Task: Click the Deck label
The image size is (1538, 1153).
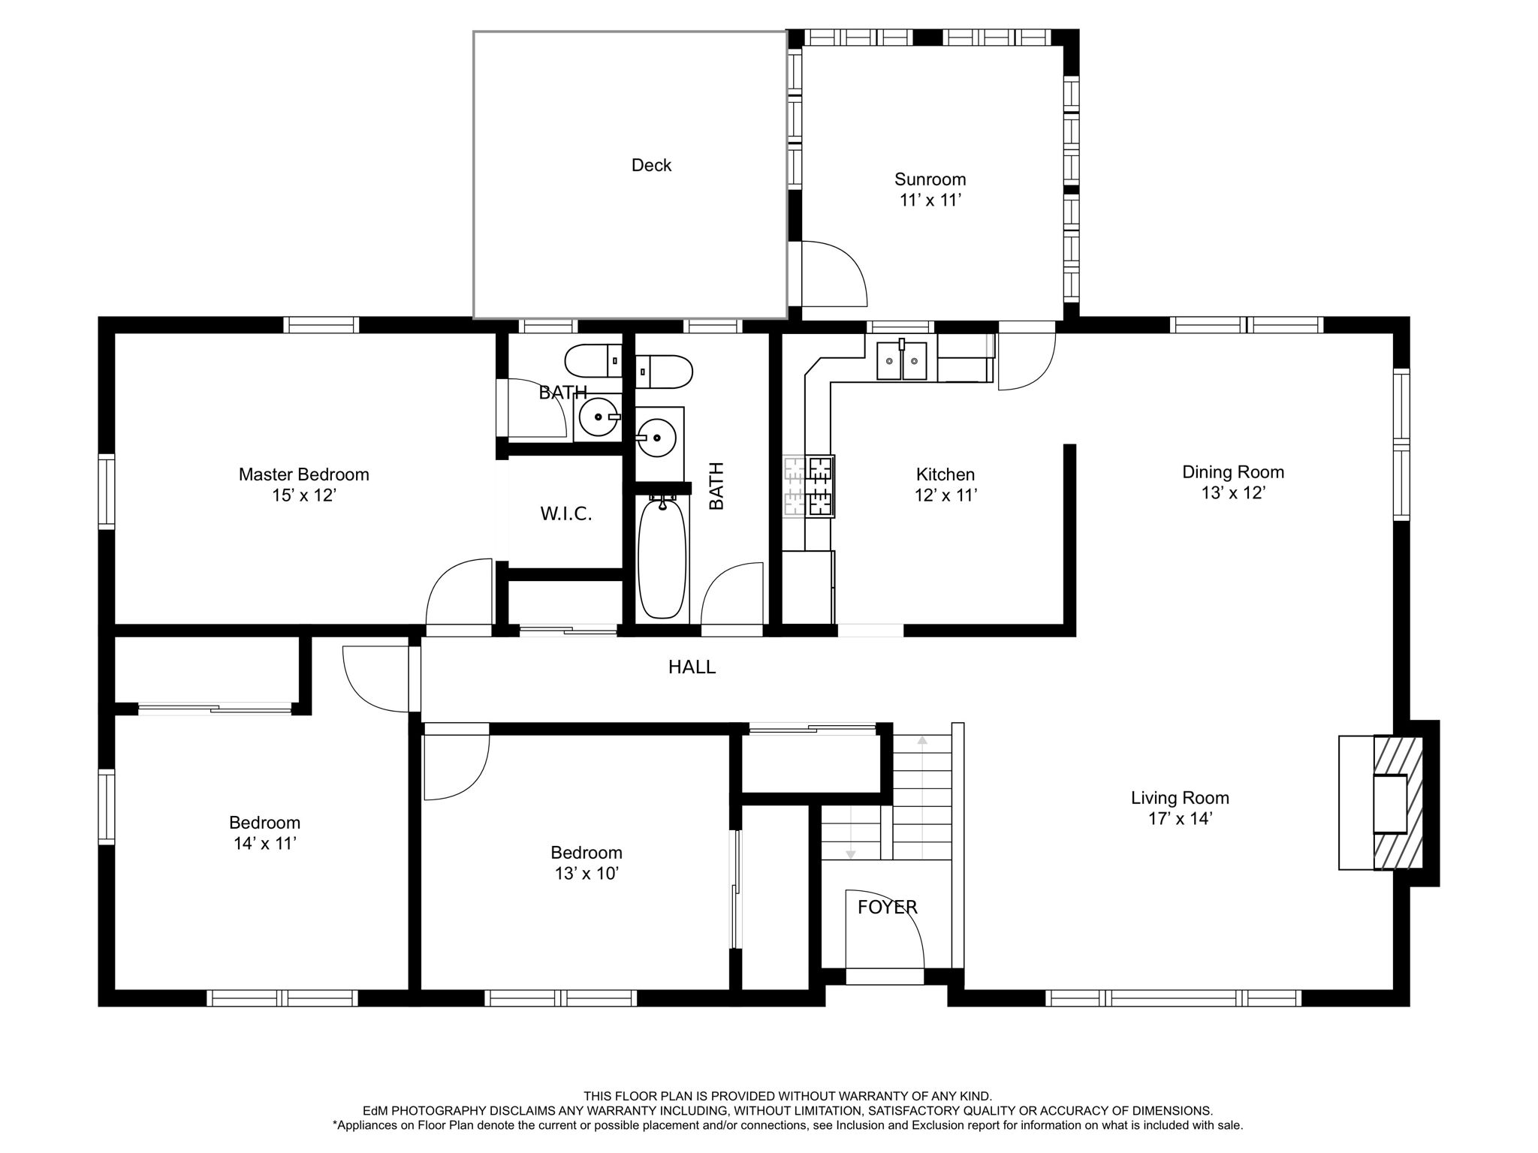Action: pos(651,165)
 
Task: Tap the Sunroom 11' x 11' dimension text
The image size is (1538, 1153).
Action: pos(930,200)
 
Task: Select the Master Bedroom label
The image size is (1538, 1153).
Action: pos(303,474)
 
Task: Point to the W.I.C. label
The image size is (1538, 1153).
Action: pos(566,514)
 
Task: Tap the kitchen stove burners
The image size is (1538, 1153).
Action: pos(820,486)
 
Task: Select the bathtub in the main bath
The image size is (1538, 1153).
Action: pos(662,557)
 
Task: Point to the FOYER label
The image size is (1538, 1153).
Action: pos(887,908)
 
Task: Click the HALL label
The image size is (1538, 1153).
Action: pos(692,667)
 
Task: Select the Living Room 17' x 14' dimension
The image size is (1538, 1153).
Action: pos(1181,819)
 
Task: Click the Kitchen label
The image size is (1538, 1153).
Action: pos(945,474)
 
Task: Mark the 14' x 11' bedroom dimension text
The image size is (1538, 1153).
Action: pos(264,844)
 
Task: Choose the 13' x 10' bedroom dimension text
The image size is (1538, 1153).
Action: pos(586,874)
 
